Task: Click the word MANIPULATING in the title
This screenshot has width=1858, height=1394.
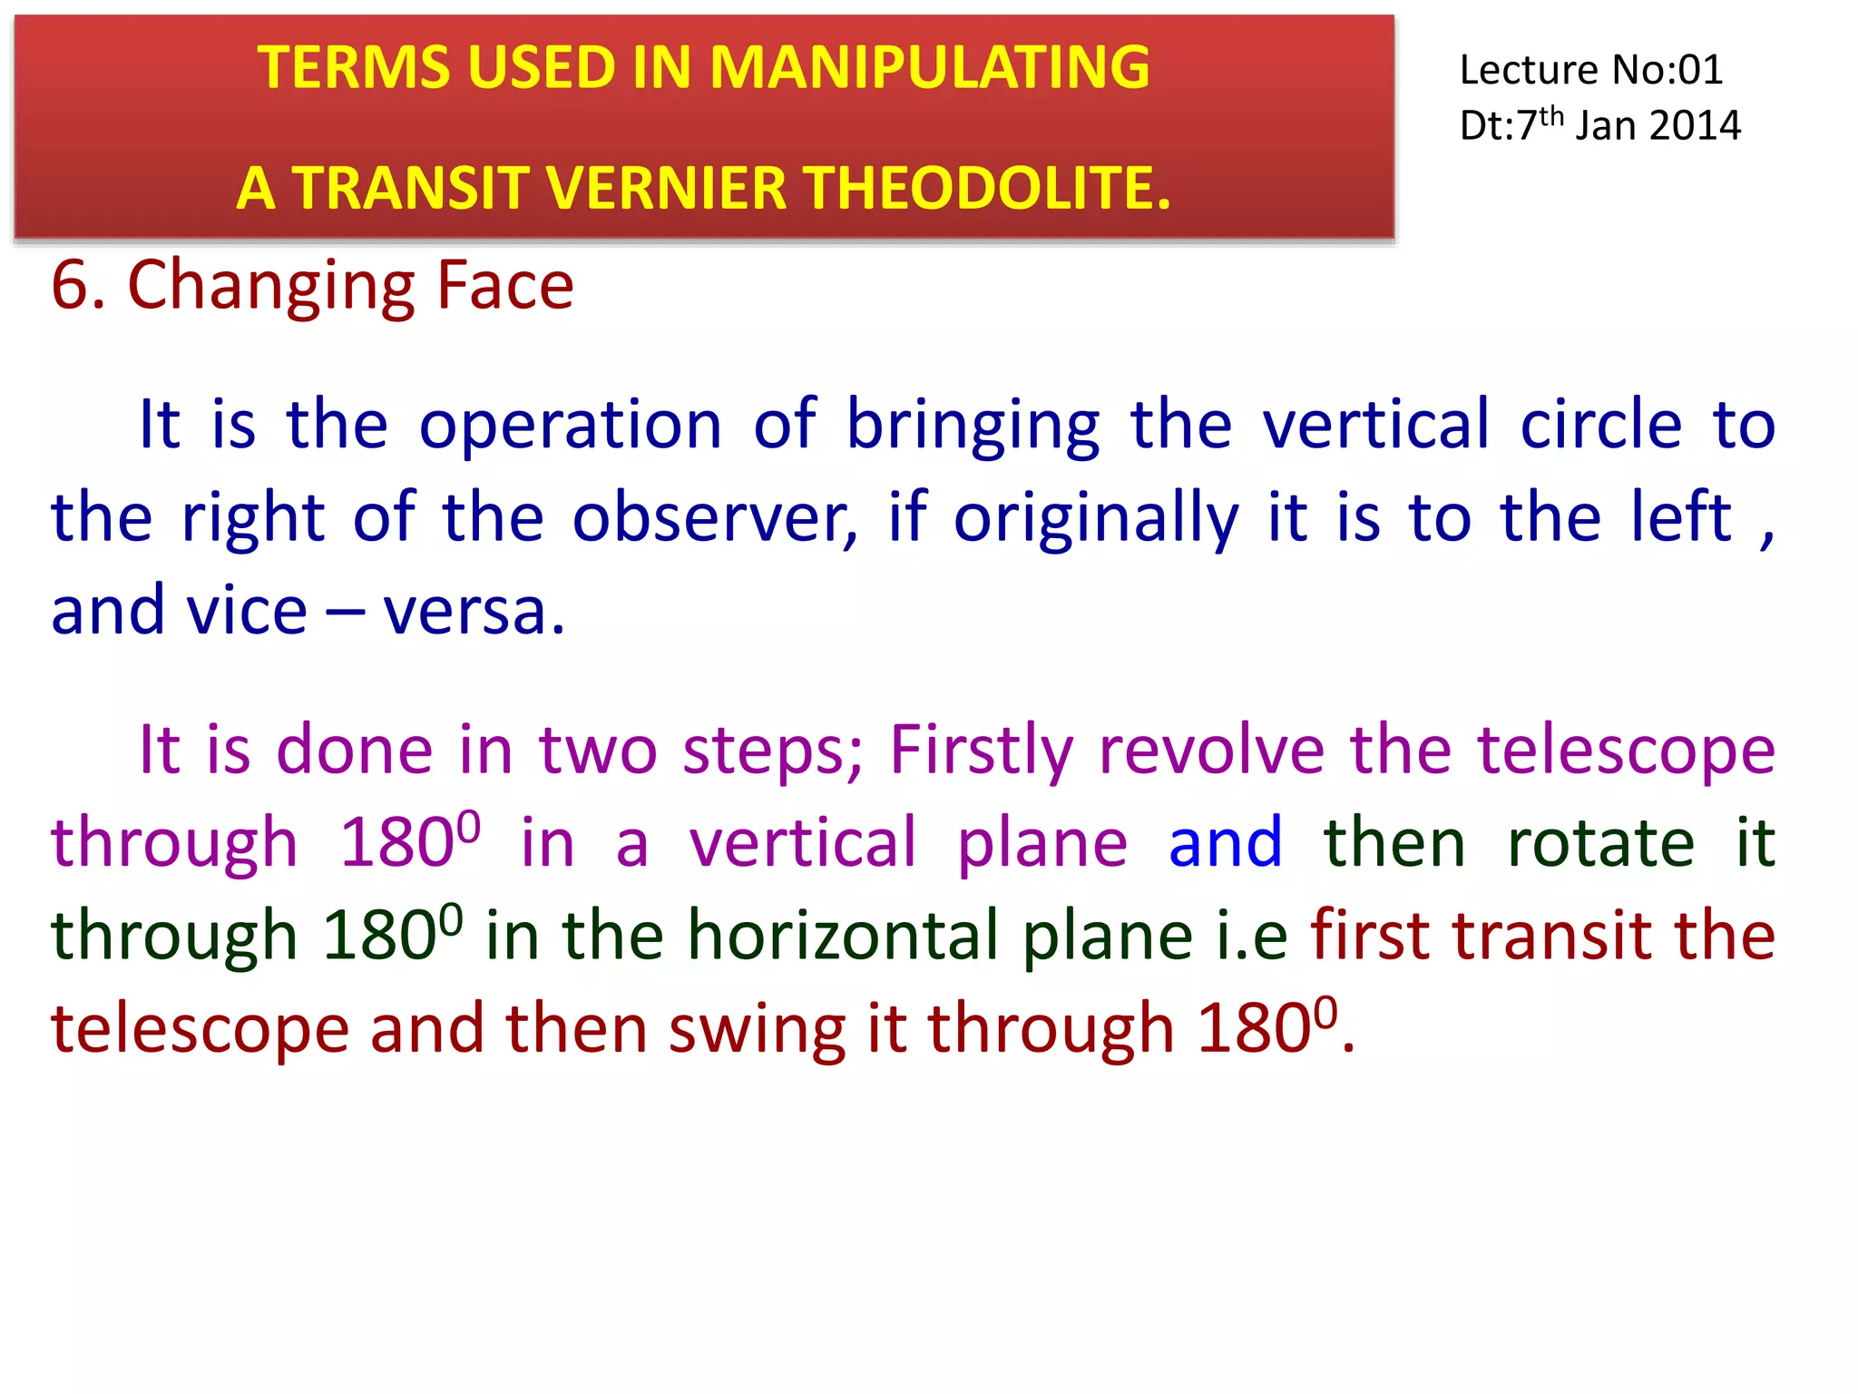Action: (x=929, y=67)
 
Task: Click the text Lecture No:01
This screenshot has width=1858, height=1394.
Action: (x=1590, y=70)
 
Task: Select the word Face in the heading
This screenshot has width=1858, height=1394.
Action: (x=504, y=286)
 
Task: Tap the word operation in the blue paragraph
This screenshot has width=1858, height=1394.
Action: (x=570, y=425)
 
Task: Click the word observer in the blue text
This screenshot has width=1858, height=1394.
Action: (x=714, y=518)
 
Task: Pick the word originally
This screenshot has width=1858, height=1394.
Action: (x=1096, y=518)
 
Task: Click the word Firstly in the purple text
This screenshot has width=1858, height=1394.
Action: (x=982, y=751)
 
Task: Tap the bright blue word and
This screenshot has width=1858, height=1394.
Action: (x=1225, y=843)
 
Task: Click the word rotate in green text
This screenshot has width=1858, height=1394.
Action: (x=1600, y=843)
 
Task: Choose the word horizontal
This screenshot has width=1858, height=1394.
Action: (x=843, y=936)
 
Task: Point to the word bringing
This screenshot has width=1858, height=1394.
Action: (x=973, y=425)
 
